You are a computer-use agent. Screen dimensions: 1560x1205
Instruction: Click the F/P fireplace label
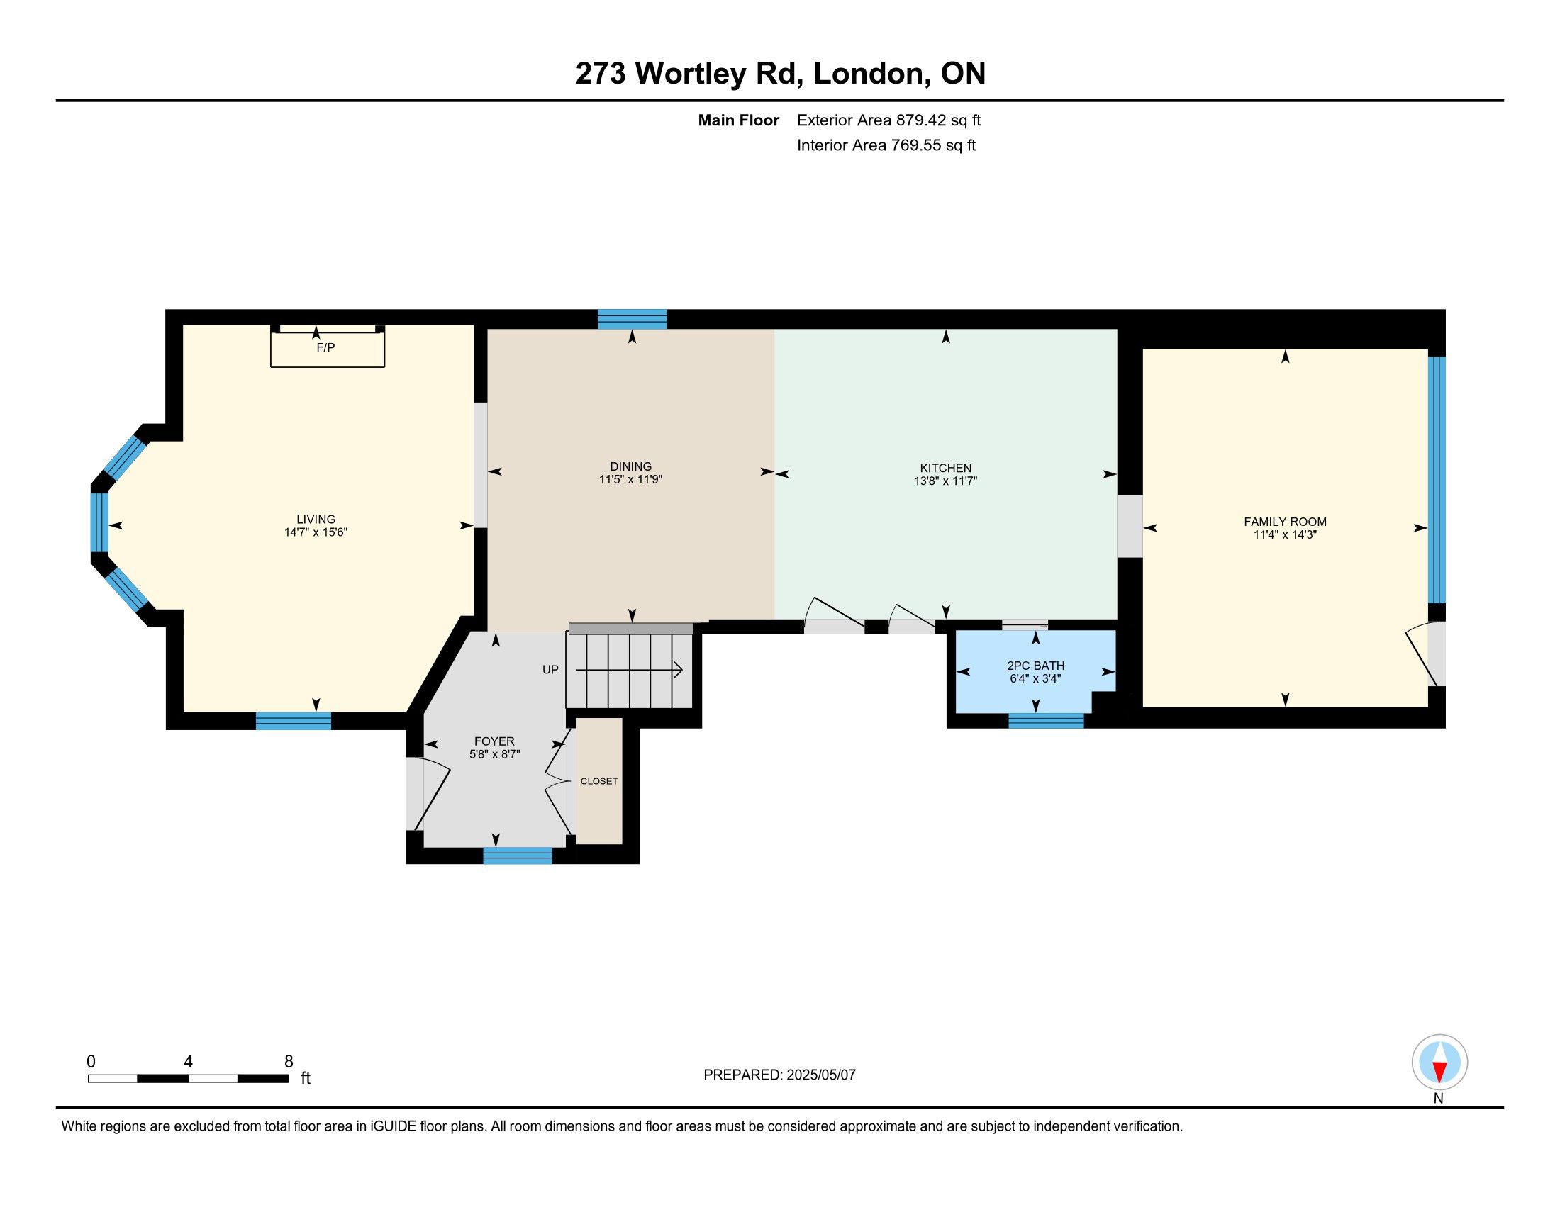(x=325, y=347)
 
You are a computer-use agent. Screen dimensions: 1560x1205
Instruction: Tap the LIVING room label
(x=316, y=520)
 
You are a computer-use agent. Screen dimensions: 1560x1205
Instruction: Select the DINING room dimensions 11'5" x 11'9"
(x=630, y=480)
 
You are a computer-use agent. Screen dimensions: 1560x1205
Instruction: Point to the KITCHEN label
(x=946, y=469)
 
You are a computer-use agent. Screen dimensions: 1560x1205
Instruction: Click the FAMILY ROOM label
(x=1285, y=522)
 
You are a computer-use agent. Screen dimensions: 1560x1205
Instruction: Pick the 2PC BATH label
(x=1036, y=666)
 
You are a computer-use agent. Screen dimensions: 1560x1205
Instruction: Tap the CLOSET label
(x=599, y=781)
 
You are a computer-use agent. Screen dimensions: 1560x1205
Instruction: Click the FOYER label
(x=494, y=741)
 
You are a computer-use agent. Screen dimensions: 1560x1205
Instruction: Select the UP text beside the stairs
(x=550, y=670)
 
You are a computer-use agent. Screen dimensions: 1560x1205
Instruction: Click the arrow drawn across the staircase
(x=629, y=671)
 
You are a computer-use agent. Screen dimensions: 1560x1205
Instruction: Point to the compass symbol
(x=1439, y=1063)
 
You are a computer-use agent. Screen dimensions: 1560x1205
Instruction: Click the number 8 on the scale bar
(x=289, y=1062)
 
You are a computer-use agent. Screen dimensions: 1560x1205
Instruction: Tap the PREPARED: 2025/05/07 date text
(x=779, y=1075)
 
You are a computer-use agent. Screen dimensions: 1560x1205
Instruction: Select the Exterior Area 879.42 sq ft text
(x=888, y=120)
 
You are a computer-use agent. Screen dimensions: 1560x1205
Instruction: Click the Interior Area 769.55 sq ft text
(x=886, y=145)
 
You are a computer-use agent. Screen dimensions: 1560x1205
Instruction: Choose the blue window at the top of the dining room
(x=632, y=319)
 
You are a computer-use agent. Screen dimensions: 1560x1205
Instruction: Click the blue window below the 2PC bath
(x=1046, y=721)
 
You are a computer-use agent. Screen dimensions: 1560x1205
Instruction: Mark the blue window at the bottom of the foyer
(x=518, y=856)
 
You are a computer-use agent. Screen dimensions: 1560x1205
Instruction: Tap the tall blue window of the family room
(x=1437, y=480)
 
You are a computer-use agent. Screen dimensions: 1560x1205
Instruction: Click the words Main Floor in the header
(x=739, y=120)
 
